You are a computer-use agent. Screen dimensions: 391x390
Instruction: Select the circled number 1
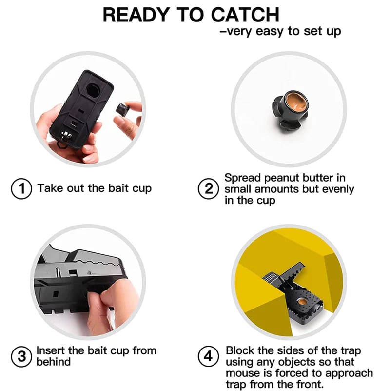21,188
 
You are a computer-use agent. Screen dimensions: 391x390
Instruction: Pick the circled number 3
21,356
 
